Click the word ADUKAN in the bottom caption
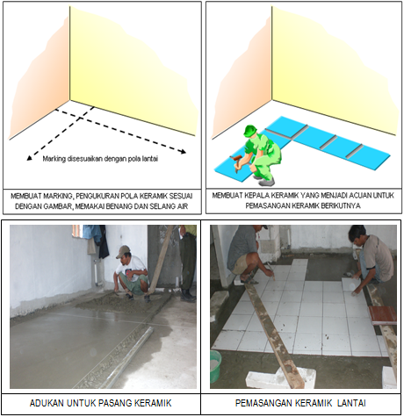pyautogui.click(x=47, y=403)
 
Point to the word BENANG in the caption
pyautogui.click(x=127, y=206)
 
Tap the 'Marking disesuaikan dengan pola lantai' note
pyautogui.click(x=100, y=159)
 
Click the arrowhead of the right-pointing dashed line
pyautogui.click(x=184, y=151)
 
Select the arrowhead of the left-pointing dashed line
pyautogui.click(x=29, y=158)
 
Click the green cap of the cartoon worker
pyautogui.click(x=249, y=129)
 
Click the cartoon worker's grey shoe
pyautogui.click(x=267, y=182)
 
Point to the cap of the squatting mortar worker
pyautogui.click(x=123, y=252)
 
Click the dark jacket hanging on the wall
pyautogui.click(x=103, y=241)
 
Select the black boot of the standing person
pyautogui.click(x=187, y=296)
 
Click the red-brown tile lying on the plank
pyautogui.click(x=383, y=315)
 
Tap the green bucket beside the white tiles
pyautogui.click(x=216, y=366)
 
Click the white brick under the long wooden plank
pyautogui.click(x=280, y=379)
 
